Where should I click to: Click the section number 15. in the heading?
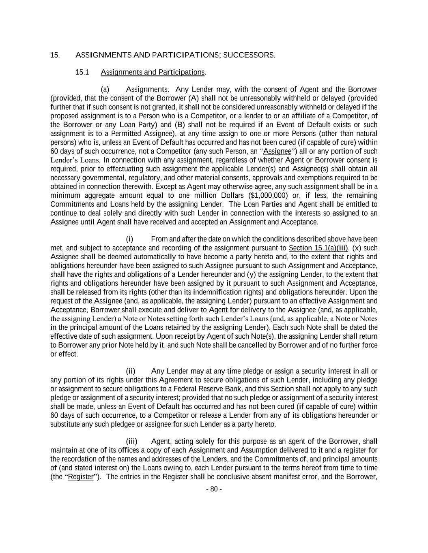pyautogui.click(x=55, y=55)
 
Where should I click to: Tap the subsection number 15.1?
pyautogui.click(x=82, y=72)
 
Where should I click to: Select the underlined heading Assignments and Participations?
pyautogui.click(x=153, y=72)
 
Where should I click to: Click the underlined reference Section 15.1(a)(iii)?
pyautogui.click(x=318, y=248)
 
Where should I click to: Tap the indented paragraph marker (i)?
pyautogui.click(x=129, y=239)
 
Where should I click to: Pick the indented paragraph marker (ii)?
pyautogui.click(x=130, y=371)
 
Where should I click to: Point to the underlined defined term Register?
pyautogui.click(x=81, y=477)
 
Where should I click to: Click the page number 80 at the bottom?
pyautogui.click(x=214, y=489)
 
